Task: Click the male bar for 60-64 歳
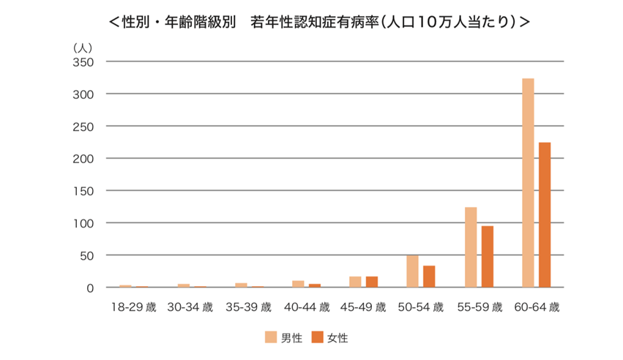click(x=528, y=183)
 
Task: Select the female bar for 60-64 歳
click(x=545, y=215)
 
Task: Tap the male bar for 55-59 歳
click(x=471, y=247)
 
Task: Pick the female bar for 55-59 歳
click(x=488, y=257)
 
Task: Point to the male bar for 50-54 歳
click(x=412, y=271)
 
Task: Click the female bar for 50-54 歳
click(x=429, y=277)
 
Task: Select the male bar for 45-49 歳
click(x=355, y=282)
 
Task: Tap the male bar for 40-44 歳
click(x=298, y=284)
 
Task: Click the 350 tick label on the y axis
click(x=83, y=62)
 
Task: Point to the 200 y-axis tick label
click(x=83, y=159)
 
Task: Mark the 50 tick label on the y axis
click(x=86, y=255)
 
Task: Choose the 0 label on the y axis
click(x=89, y=288)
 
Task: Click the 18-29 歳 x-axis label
click(x=132, y=307)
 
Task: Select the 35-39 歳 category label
click(x=248, y=307)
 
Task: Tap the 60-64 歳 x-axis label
click(x=537, y=307)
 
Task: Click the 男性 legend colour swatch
click(x=270, y=337)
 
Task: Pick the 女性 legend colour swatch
click(x=317, y=337)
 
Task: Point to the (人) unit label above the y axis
click(x=82, y=47)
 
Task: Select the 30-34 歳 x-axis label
click(x=190, y=307)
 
